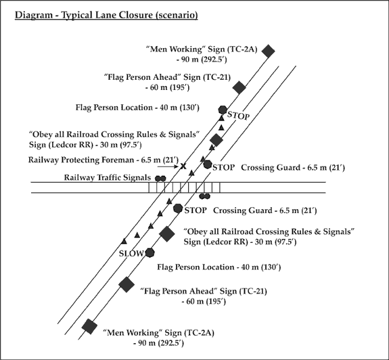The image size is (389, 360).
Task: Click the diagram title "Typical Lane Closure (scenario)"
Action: point(129,15)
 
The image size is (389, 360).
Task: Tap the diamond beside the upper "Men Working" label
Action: point(269,51)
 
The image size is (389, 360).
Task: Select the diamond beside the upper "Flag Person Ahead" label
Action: point(239,87)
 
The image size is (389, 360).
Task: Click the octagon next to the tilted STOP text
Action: point(223,110)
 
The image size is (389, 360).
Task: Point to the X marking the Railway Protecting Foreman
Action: point(183,166)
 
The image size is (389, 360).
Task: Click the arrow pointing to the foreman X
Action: point(168,166)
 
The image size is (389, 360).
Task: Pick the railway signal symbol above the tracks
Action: point(160,179)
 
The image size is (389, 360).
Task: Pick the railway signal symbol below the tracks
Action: point(205,196)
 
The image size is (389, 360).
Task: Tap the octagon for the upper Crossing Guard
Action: point(208,164)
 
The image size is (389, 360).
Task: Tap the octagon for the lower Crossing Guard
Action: point(178,208)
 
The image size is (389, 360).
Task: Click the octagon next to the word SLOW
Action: point(150,253)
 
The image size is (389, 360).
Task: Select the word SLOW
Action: point(131,254)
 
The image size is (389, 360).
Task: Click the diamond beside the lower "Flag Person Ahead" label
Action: point(127,285)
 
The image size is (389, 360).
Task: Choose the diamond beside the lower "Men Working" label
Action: point(89,327)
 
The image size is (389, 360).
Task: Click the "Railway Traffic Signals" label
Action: point(108,178)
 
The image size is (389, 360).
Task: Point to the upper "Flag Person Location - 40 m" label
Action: point(137,108)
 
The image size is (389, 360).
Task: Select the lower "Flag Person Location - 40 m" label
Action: point(219,267)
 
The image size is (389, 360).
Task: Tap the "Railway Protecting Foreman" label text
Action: point(81,160)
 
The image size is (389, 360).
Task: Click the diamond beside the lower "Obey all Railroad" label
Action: point(167,234)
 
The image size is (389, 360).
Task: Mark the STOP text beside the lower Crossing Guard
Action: point(196,210)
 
